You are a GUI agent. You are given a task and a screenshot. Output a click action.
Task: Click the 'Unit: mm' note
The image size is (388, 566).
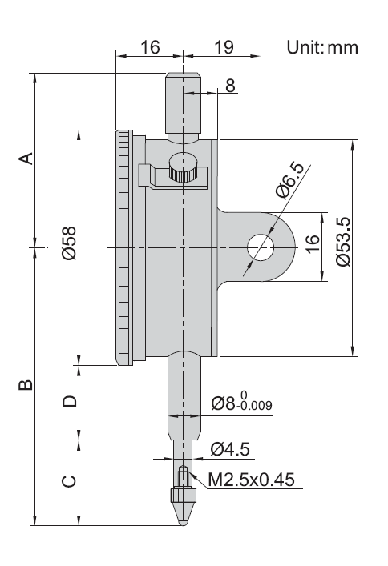(x=322, y=47)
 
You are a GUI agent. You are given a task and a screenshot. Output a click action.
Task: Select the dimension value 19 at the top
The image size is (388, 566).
(x=224, y=47)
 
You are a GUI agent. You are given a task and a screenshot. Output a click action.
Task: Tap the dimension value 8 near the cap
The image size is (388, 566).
(x=230, y=86)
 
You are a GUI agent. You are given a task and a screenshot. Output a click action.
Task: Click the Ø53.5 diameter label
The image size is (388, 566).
(x=343, y=242)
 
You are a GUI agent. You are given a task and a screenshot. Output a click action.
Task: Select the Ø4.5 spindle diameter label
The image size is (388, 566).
(x=230, y=449)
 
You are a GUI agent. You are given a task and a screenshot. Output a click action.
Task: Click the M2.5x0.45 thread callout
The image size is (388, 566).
(x=251, y=480)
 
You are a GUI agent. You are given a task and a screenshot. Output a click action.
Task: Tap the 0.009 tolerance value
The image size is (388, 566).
(x=256, y=406)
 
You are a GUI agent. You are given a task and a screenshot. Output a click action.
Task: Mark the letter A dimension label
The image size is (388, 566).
(x=26, y=158)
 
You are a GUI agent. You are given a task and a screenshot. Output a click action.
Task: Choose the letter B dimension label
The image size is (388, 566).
(x=26, y=385)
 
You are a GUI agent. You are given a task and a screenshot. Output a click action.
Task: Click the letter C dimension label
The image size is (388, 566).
(x=69, y=481)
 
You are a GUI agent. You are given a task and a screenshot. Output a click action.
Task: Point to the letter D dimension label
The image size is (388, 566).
(x=70, y=401)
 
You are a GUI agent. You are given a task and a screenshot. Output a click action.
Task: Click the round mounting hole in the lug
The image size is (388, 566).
(x=261, y=247)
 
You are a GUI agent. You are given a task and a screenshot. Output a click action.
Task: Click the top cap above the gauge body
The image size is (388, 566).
(x=183, y=107)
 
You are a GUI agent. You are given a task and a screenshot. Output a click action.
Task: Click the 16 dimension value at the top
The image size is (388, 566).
(x=150, y=47)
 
